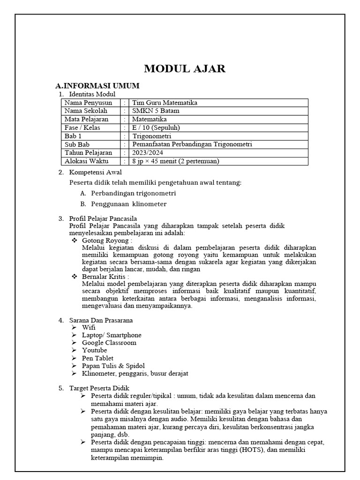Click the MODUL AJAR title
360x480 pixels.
click(x=185, y=69)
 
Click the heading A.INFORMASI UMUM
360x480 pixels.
click(x=97, y=86)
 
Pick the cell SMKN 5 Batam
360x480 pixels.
click(x=156, y=111)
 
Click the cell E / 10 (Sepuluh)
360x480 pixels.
click(x=156, y=127)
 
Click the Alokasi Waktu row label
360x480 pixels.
click(x=86, y=161)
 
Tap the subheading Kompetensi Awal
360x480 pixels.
click(x=95, y=172)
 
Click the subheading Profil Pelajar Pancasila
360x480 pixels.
click(x=103, y=218)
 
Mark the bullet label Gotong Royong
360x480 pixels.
click(x=106, y=240)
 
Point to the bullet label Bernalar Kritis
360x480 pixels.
click(x=105, y=277)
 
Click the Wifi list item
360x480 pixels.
click(x=89, y=328)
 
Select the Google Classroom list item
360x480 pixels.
click(x=109, y=343)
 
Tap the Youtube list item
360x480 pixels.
click(x=94, y=350)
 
